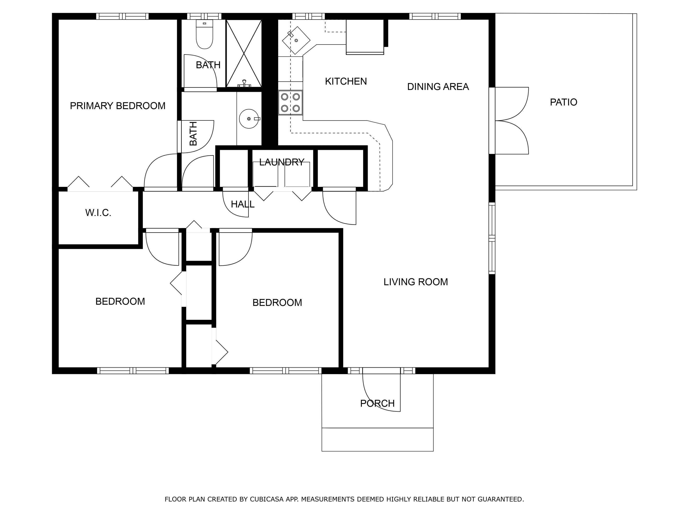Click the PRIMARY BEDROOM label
(117, 106)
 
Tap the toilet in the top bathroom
(204, 34)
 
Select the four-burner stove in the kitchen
(290, 102)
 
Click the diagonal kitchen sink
(296, 40)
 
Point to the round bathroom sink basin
(249, 119)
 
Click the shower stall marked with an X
(244, 53)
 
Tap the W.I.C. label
(98, 213)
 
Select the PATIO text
(563, 102)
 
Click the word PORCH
(377, 403)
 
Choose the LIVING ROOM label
(415, 282)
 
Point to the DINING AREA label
(438, 87)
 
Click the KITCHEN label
(346, 81)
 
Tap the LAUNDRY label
(282, 162)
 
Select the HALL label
(243, 204)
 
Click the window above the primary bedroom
(122, 16)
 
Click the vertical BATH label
(193, 134)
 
